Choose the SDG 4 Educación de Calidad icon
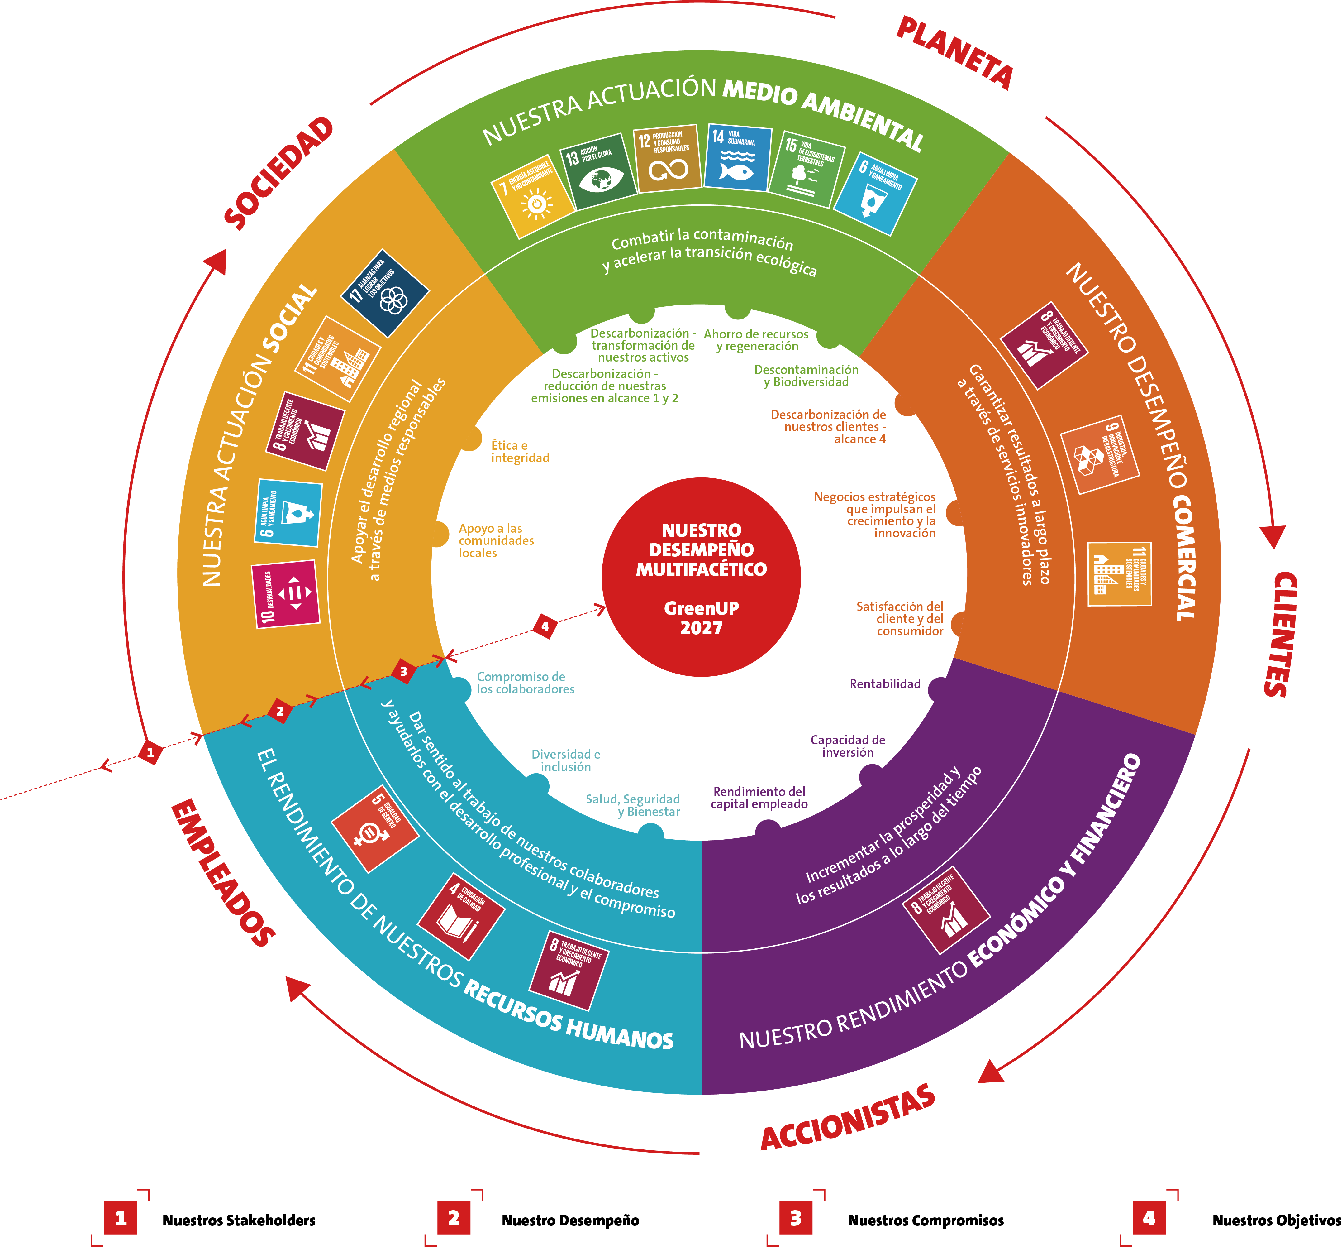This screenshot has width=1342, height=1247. (x=461, y=916)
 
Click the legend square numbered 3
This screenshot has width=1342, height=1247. (x=796, y=1218)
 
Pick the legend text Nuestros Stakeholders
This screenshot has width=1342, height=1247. (x=239, y=1220)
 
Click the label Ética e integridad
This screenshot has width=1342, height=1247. (x=519, y=451)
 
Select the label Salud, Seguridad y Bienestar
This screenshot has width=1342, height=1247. (x=633, y=805)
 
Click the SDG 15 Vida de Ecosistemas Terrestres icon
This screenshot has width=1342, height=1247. (x=807, y=169)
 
